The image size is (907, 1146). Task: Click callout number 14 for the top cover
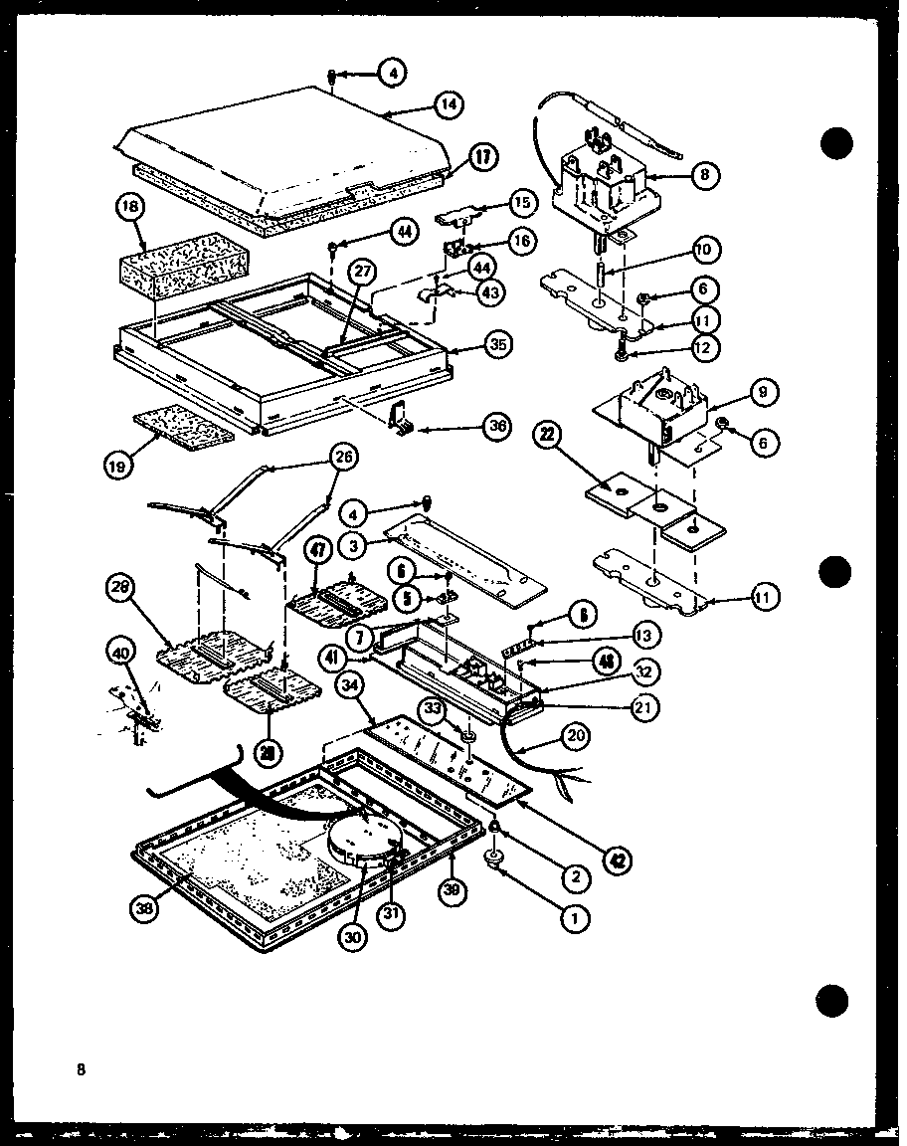pos(450,105)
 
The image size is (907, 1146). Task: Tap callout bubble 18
pos(131,208)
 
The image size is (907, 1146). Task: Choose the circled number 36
pos(497,426)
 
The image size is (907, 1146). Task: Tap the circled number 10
pos(705,249)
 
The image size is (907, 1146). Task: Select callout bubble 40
pos(120,654)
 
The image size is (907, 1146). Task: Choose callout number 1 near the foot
pos(573,920)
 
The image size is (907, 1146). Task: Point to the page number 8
pos(79,1070)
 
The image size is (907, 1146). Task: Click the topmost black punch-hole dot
pos(837,143)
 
